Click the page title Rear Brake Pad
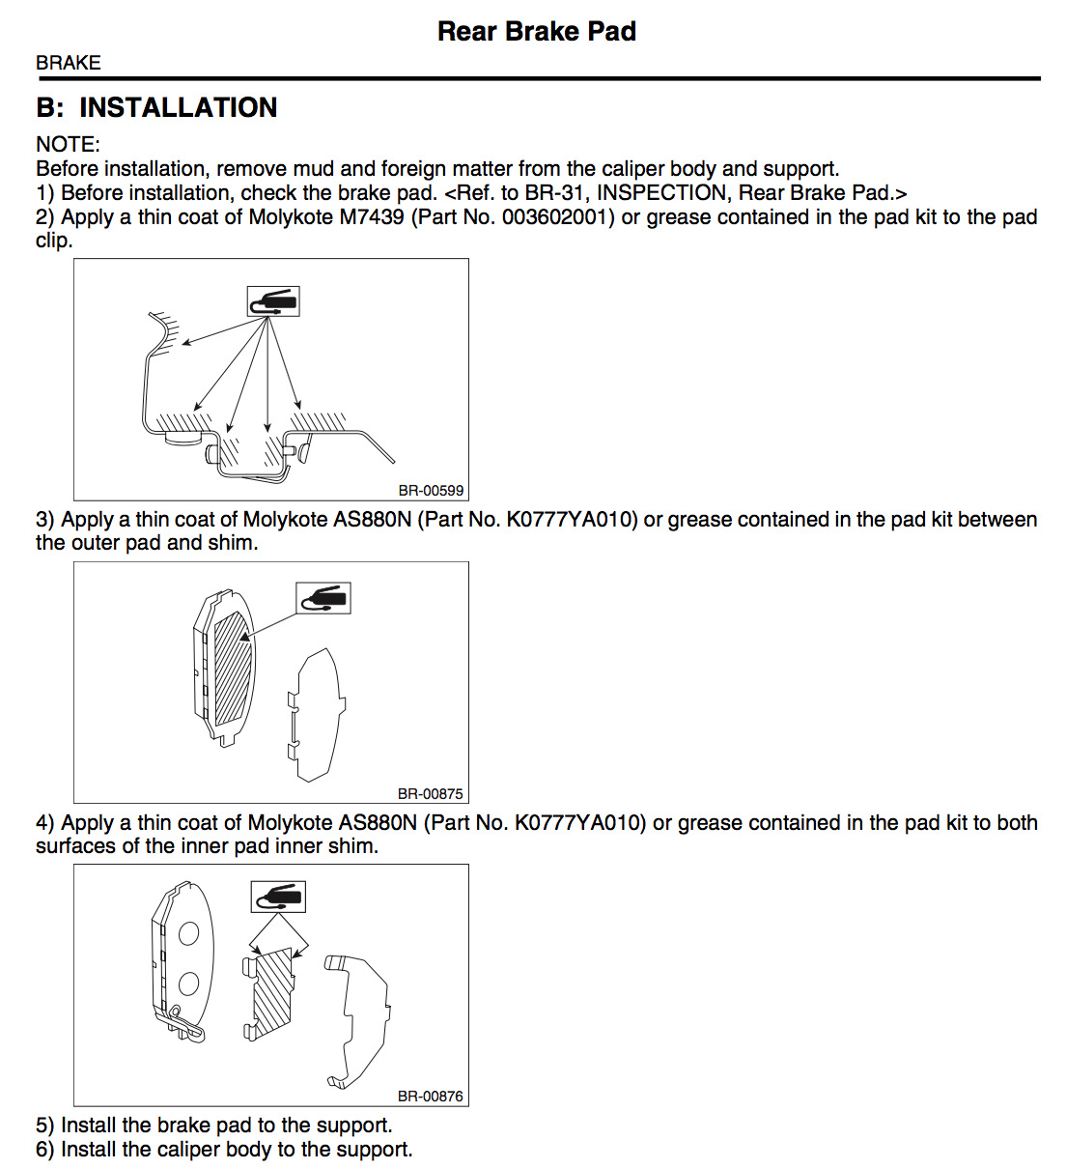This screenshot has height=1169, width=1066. pyautogui.click(x=536, y=31)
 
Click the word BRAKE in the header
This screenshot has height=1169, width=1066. pyautogui.click(x=69, y=63)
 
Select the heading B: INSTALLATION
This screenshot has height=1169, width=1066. pyautogui.click(x=156, y=107)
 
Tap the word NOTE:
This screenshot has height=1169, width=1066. pyautogui.click(x=68, y=144)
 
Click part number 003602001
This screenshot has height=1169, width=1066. pyautogui.click(x=557, y=217)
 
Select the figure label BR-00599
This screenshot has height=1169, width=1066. pyautogui.click(x=431, y=490)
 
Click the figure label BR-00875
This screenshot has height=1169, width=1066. pyautogui.click(x=431, y=793)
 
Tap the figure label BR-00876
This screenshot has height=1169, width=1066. pyautogui.click(x=431, y=1096)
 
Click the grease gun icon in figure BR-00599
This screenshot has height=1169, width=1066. pyautogui.click(x=274, y=301)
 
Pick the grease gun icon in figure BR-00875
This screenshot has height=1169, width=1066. pyautogui.click(x=323, y=598)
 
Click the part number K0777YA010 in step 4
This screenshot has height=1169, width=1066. pyautogui.click(x=578, y=823)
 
